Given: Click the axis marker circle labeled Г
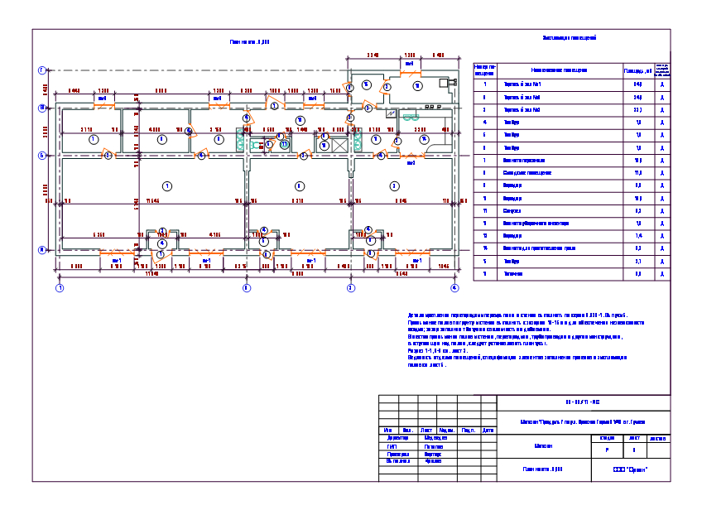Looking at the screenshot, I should coord(41,71).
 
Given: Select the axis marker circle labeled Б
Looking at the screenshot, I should coord(41,154).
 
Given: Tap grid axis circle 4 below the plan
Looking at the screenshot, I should coord(454,287).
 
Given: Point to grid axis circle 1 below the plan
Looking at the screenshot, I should coord(59,287).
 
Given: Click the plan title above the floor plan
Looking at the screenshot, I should coord(250,41).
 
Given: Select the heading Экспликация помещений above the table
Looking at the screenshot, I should coord(569,38).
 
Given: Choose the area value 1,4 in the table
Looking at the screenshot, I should coord(637,236).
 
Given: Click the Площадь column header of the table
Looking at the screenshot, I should coord(637,70).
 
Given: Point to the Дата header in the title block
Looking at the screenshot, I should coord(488,430).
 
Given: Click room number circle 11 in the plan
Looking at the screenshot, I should coord(284,145).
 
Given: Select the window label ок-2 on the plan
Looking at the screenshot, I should coord(411,163).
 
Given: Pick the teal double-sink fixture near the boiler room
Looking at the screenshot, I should coord(411,117).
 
